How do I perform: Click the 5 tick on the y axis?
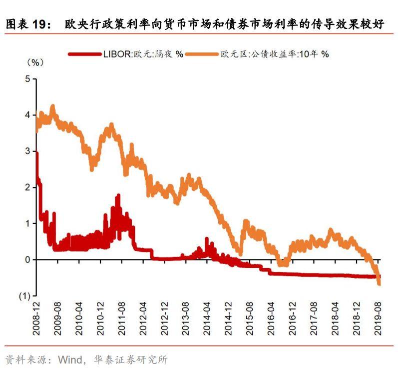pos(27,78)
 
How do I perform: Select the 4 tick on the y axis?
pos(27,115)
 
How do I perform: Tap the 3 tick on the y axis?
pos(27,151)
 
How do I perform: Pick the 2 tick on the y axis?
pos(27,187)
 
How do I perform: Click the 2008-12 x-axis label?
pos(36,319)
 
